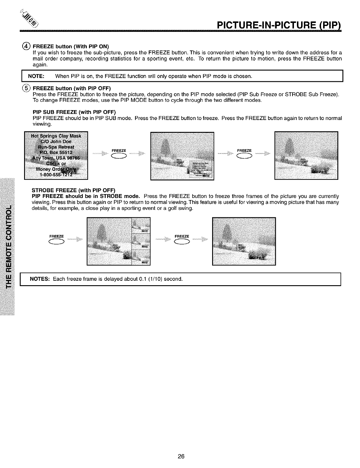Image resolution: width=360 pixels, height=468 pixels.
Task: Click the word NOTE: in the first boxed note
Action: click(x=36, y=77)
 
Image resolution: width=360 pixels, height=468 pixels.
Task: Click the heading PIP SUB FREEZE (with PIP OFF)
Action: click(x=74, y=112)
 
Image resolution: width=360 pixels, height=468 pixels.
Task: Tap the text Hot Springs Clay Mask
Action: click(x=56, y=136)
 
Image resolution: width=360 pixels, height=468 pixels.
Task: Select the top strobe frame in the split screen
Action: click(x=141, y=225)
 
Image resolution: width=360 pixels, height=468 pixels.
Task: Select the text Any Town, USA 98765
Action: click(x=56, y=158)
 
